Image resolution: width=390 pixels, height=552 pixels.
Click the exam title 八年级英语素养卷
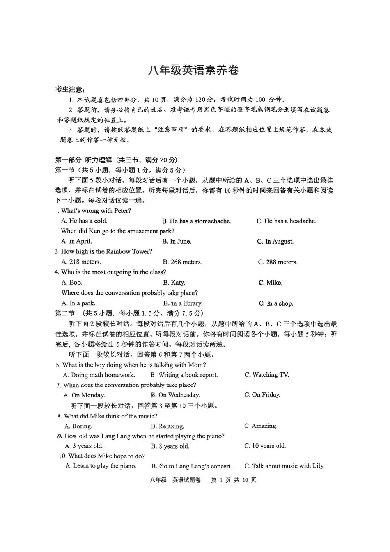(x=193, y=70)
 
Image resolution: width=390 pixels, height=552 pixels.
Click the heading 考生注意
(x=71, y=89)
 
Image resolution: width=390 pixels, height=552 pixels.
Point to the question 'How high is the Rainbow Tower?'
(x=106, y=252)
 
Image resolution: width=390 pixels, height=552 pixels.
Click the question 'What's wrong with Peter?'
(x=96, y=211)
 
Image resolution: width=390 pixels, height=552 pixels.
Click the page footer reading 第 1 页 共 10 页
(x=234, y=480)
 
